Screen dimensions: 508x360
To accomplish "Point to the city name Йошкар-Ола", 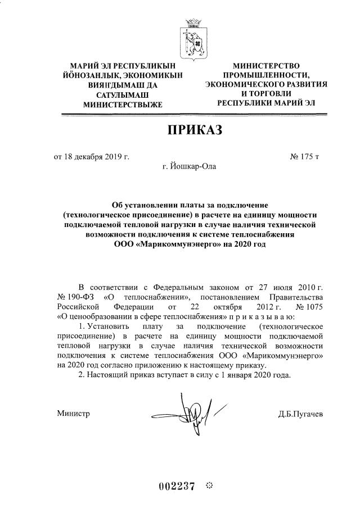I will [188, 166].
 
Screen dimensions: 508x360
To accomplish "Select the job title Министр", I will [73, 414].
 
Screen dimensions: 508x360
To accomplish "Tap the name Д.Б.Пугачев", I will [300, 414].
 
